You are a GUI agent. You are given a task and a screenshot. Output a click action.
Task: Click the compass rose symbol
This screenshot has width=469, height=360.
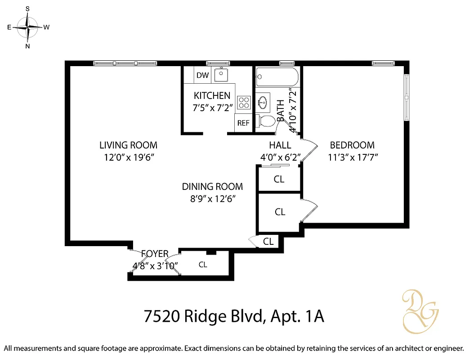point(28,27)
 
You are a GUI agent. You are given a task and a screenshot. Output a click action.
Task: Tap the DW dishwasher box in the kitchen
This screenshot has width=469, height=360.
point(202,75)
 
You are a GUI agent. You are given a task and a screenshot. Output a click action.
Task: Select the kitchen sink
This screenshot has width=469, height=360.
point(221,75)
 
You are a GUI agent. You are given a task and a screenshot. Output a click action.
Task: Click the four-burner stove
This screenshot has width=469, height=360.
point(244,102)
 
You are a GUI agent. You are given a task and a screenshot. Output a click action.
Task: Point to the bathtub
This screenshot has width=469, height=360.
point(277,77)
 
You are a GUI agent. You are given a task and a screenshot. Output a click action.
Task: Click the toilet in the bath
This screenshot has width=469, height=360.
point(266,121)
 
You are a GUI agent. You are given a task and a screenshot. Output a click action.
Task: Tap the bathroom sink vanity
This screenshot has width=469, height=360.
point(263,102)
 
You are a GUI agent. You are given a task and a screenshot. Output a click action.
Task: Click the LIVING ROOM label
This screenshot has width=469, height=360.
point(128,145)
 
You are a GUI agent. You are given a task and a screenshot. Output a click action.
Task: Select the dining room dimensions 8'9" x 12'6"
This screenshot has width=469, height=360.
point(212,198)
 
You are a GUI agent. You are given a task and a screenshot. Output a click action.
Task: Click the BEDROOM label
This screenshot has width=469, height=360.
point(352,145)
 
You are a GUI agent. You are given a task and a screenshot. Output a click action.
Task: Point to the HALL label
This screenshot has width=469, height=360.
point(280,145)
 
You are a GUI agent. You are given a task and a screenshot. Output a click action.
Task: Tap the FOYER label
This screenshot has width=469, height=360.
point(155,253)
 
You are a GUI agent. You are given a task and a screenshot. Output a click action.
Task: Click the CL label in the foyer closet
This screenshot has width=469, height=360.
point(203,265)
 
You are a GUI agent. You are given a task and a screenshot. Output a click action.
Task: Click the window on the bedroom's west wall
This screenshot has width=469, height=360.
point(406,97)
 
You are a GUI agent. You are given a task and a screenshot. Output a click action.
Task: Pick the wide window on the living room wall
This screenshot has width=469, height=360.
point(125,63)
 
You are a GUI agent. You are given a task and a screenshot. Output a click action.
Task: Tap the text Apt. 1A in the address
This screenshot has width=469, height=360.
point(295,316)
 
